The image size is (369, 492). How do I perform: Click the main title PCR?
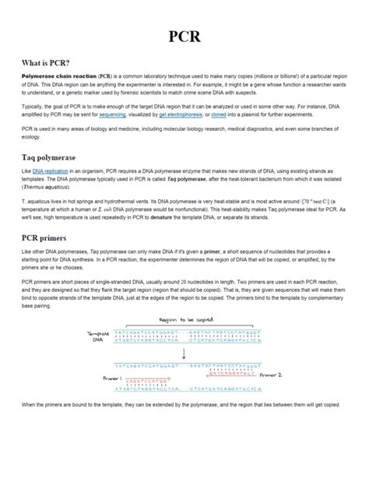point(184,38)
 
